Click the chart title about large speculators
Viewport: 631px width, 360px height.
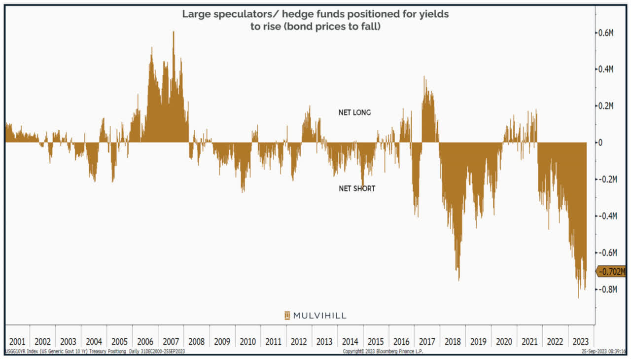click(315, 20)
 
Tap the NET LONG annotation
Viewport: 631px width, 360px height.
click(354, 112)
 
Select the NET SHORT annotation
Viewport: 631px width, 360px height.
click(356, 188)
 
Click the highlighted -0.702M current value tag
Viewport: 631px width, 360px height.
click(612, 271)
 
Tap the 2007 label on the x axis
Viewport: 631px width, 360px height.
click(171, 341)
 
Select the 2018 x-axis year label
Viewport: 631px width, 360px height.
click(453, 341)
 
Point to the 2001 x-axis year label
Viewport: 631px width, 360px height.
click(17, 341)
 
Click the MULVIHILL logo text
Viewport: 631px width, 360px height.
click(320, 316)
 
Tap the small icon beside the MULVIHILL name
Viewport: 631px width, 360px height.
click(287, 316)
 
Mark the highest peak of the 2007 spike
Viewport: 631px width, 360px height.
click(174, 33)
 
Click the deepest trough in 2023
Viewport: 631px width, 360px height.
click(578, 297)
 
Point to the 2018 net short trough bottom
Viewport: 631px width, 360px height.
click(458, 280)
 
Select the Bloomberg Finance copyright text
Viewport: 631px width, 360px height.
click(383, 352)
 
